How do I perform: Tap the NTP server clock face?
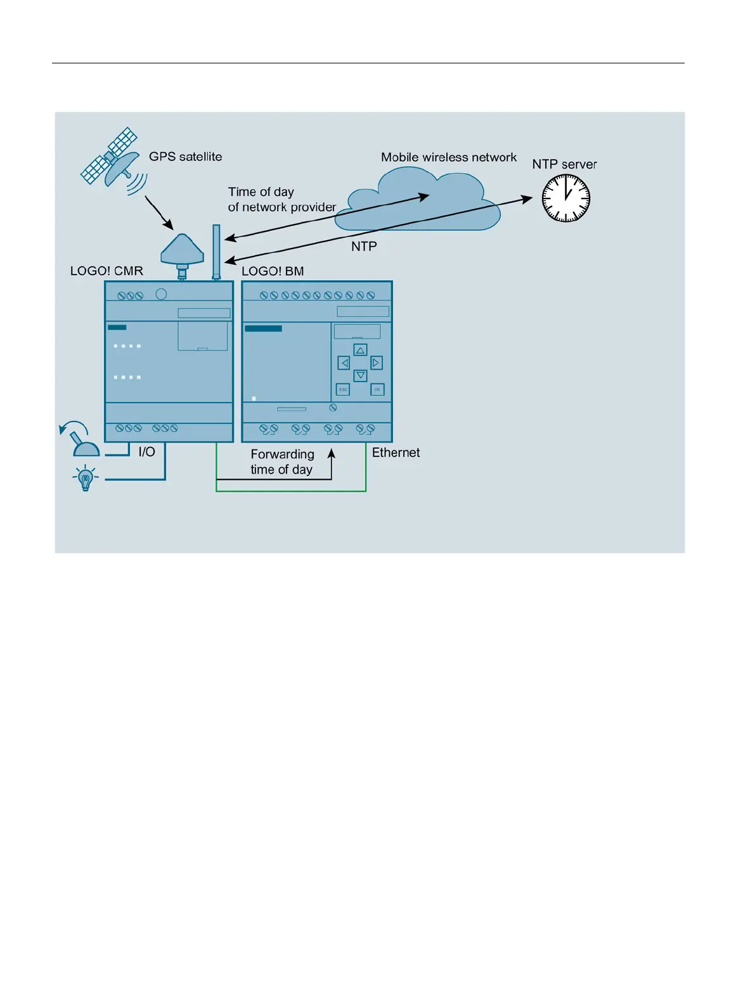click(566, 198)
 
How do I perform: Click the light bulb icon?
click(86, 479)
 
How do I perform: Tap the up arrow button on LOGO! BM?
click(360, 350)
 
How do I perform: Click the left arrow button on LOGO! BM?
click(344, 363)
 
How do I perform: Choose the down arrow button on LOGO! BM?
click(360, 376)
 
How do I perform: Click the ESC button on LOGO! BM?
click(343, 389)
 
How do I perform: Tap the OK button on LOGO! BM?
click(377, 389)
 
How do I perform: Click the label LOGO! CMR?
click(106, 271)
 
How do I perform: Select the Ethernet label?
click(396, 453)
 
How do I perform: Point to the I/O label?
click(146, 452)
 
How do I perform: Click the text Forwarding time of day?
click(282, 462)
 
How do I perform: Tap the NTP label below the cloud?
click(364, 247)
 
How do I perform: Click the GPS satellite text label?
click(185, 157)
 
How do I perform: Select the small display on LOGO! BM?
click(357, 332)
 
